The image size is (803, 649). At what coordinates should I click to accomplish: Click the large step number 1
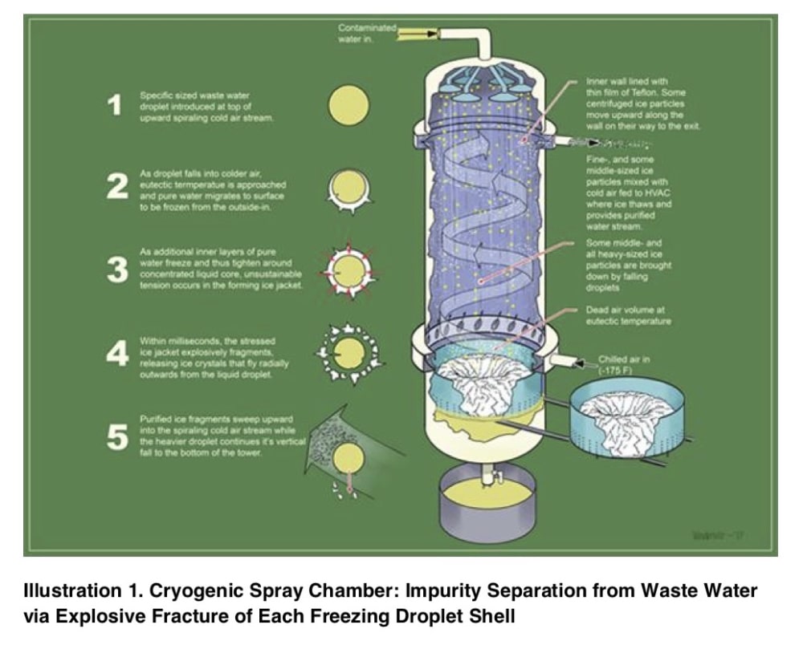pos(116,105)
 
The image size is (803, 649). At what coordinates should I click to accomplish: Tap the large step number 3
pos(117,270)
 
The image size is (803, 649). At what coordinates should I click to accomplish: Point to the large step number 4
pos(117,353)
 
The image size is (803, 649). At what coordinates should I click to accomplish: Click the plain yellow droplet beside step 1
pos(349,106)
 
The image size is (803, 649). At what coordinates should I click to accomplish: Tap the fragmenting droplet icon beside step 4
pos(348,353)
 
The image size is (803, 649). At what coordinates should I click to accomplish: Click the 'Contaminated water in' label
pos(367,33)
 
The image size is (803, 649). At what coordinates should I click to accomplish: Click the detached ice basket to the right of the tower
pos(626,418)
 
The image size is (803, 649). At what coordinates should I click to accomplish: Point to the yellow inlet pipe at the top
pos(414,33)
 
